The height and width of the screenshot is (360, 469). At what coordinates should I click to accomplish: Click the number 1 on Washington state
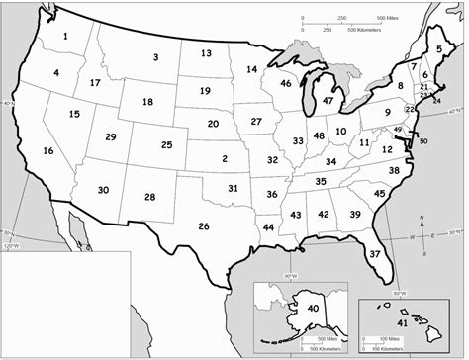[x=65, y=38]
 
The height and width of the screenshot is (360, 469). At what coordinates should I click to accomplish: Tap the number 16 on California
[x=47, y=151]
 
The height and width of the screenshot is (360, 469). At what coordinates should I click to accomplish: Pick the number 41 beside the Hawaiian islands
[x=402, y=323]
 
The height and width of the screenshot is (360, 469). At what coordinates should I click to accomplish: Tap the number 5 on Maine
[x=438, y=48]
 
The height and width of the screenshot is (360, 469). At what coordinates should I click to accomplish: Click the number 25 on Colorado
[x=166, y=145]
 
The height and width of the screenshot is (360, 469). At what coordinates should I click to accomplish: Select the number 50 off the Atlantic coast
[x=423, y=141]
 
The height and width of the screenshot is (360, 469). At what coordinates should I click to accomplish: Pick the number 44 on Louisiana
[x=268, y=227]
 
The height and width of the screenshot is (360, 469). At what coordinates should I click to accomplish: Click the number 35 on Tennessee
[x=321, y=181]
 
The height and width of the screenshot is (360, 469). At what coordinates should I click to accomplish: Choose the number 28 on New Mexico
[x=149, y=197]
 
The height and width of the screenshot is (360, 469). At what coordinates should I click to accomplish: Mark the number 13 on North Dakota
[x=206, y=53]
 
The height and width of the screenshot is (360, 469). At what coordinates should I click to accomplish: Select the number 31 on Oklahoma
[x=233, y=188]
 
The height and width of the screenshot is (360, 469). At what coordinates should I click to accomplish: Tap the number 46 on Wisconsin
[x=285, y=84]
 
